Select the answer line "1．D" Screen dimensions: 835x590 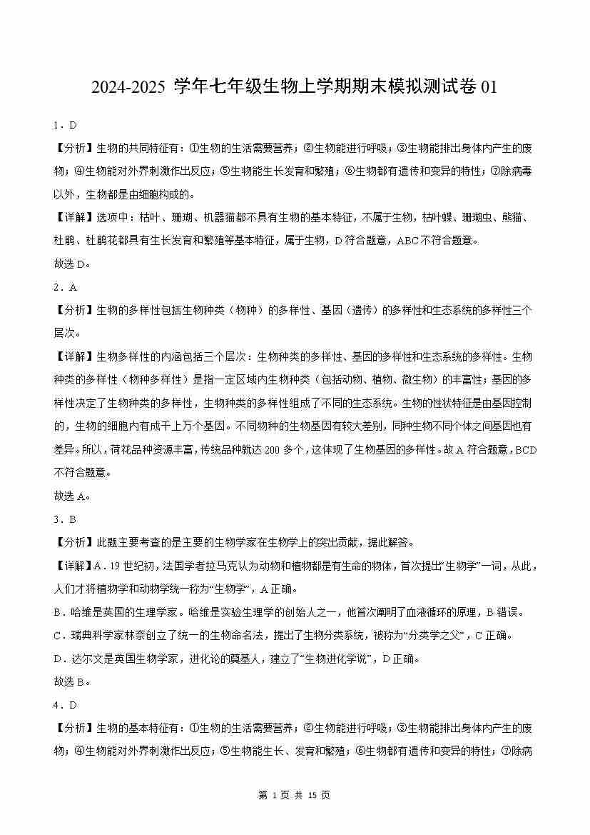click(65, 125)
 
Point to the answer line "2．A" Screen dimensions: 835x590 click(65, 287)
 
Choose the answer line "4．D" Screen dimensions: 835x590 click(65, 705)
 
